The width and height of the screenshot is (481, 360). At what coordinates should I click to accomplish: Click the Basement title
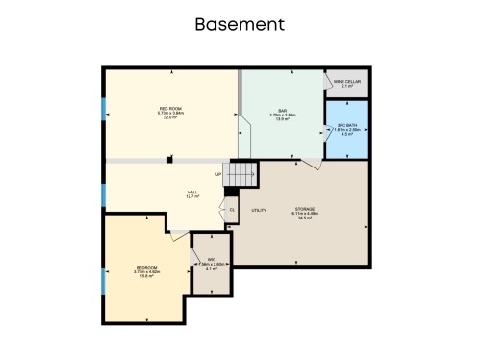(x=240, y=22)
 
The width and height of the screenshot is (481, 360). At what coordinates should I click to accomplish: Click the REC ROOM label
(x=170, y=108)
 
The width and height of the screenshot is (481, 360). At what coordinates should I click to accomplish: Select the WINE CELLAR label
(x=346, y=82)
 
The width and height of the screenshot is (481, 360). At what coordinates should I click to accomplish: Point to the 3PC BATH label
(x=347, y=127)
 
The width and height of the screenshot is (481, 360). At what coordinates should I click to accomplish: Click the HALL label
(x=192, y=192)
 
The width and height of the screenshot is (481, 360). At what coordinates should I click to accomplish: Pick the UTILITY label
(x=259, y=209)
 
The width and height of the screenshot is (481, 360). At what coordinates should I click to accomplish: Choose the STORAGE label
(x=305, y=209)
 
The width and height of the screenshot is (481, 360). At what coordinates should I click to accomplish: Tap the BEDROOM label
(x=146, y=267)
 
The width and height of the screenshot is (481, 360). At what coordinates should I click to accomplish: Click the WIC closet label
(x=211, y=259)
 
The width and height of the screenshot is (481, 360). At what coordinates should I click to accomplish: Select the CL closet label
(x=231, y=209)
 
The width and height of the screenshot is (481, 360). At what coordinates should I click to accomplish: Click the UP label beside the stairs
(x=219, y=174)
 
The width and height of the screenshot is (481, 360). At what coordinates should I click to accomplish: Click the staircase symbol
(x=242, y=174)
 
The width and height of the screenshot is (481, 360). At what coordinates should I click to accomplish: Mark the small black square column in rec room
(x=169, y=160)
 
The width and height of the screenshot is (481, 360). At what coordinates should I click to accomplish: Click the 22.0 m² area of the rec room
(x=170, y=117)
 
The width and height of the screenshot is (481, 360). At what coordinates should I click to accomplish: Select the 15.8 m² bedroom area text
(x=146, y=276)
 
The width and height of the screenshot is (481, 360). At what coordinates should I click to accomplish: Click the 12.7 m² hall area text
(x=192, y=197)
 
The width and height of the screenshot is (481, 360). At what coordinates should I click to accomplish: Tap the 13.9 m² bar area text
(x=284, y=120)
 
